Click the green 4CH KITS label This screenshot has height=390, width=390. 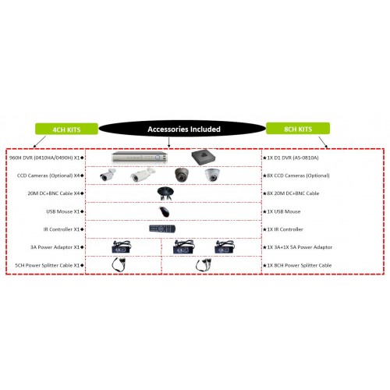coord(66,129)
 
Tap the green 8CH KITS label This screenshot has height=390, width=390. coord(298,129)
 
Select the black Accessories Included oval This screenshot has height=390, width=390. coord(183,129)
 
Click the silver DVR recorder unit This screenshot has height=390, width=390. coord(140,157)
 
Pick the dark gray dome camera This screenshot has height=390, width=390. coord(182,175)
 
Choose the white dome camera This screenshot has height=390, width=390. coord(212,175)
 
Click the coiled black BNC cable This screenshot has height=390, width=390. coord(166,193)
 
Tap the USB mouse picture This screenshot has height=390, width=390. coord(165,211)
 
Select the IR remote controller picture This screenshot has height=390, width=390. coord(162,229)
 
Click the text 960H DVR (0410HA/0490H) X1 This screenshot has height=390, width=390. coord(44,158)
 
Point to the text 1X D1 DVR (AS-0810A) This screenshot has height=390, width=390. coord(292,158)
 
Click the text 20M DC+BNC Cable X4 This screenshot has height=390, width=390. coord(54,193)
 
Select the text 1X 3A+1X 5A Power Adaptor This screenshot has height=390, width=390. coord(300,247)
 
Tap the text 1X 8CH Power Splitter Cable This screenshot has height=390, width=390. coord(300,265)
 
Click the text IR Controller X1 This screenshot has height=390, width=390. coord(62,229)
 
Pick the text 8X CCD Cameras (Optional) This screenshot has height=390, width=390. coord(298,175)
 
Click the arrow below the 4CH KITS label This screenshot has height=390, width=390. coord(40,142)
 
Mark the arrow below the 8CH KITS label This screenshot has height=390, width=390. coord(323,142)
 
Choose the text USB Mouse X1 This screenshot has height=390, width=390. coord(62,211)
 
